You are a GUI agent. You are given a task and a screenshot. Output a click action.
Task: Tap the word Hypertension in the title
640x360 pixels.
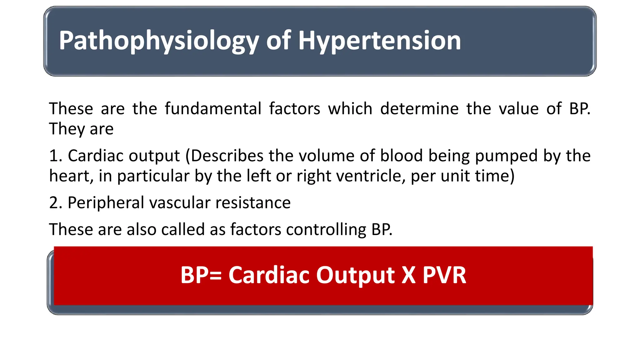[379, 41]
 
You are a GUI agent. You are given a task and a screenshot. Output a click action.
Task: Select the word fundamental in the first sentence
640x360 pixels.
[213, 109]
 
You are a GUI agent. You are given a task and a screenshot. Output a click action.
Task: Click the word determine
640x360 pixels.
[419, 109]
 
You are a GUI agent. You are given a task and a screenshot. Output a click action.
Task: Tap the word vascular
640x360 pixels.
[180, 202]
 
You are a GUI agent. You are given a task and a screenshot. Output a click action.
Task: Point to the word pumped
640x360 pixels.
[506, 156]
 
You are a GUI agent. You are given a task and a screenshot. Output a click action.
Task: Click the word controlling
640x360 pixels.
[326, 229]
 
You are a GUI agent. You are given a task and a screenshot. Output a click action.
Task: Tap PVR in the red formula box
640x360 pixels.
[444, 275]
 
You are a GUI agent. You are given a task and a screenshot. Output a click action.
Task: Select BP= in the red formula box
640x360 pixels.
[201, 275]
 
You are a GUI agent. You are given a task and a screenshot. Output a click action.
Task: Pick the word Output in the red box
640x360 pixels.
[355, 275]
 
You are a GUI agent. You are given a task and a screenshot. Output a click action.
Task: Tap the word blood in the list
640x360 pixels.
[401, 156]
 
